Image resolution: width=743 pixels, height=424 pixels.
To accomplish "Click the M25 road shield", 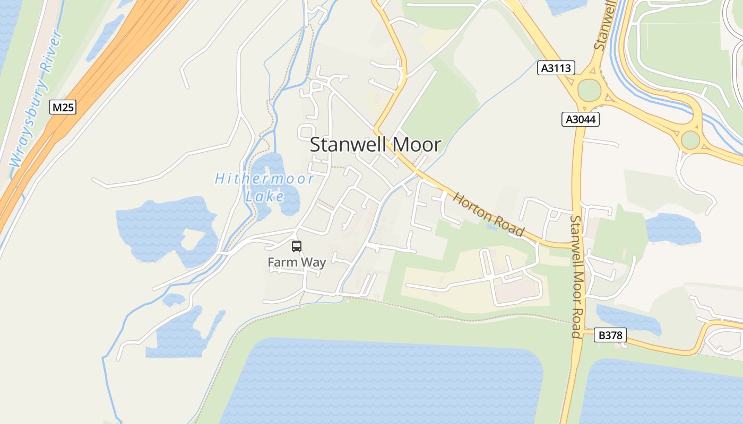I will click(x=63, y=108).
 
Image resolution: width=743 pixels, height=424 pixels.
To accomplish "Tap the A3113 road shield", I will click(x=556, y=68).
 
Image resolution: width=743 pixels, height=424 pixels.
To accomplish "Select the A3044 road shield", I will click(x=580, y=120).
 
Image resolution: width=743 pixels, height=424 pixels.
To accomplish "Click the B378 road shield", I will click(x=610, y=335).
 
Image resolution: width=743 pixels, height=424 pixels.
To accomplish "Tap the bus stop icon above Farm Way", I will click(x=296, y=246).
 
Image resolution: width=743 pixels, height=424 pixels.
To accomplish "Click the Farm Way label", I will click(x=297, y=262).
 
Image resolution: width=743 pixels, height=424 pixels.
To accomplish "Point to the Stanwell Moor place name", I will click(x=375, y=145).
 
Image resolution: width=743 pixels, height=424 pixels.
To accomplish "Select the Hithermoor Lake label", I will click(x=264, y=187).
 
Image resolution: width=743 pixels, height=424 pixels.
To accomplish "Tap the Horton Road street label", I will click(x=488, y=214).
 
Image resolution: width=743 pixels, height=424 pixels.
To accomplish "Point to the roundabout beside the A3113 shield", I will click(x=589, y=90).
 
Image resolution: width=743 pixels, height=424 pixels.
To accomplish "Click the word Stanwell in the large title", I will click(x=348, y=145).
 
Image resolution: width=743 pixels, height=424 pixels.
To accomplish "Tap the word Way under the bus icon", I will click(x=314, y=262).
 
